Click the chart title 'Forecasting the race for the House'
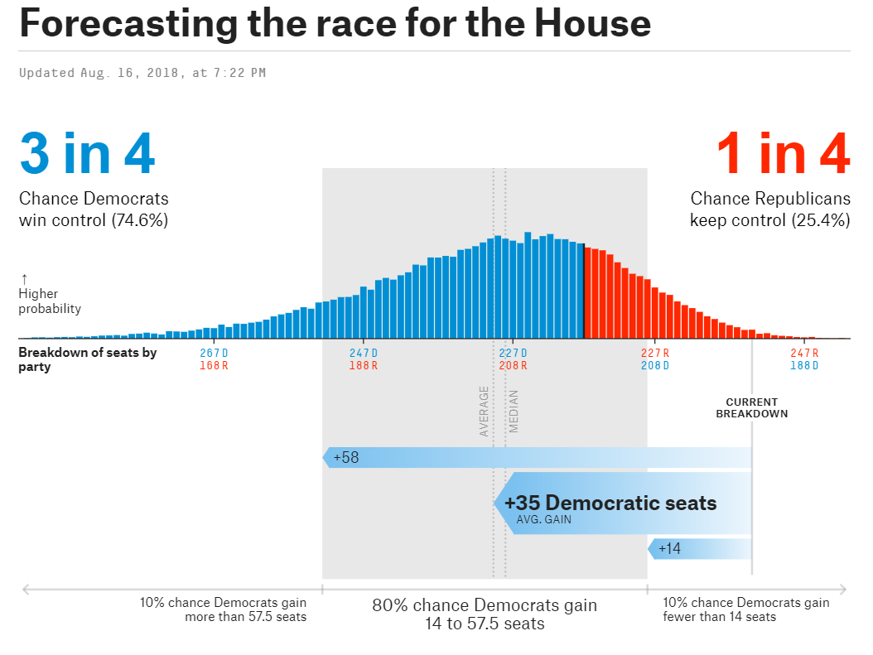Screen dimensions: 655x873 [335, 25]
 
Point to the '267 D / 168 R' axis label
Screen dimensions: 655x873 [214, 359]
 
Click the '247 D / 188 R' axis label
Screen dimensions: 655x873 [363, 359]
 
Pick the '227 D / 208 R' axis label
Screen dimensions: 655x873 [513, 359]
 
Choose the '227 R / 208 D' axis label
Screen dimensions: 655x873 [655, 359]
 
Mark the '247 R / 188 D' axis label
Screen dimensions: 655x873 [804, 359]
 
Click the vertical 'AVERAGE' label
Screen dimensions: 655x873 [484, 412]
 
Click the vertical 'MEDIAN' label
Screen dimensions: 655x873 [514, 412]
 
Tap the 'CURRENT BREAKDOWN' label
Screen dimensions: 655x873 [751, 408]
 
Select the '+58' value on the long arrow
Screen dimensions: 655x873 [346, 457]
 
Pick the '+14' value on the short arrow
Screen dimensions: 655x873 [669, 548]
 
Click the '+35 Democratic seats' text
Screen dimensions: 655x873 [610, 503]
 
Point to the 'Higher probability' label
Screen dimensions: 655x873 [50, 301]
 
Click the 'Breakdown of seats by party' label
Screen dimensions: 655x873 [87, 359]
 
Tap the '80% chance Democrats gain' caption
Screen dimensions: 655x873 [485, 605]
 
